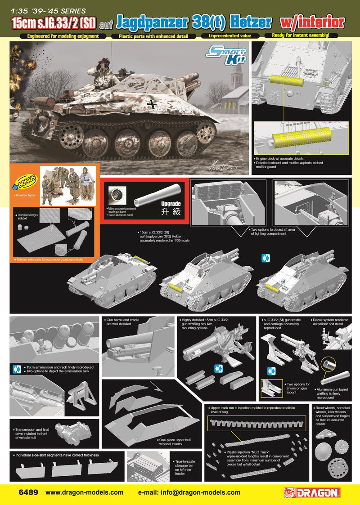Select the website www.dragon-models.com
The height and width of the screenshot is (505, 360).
pos(84,492)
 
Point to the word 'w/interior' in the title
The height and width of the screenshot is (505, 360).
pos(312,22)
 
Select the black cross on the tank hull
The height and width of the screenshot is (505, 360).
pos(154,104)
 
